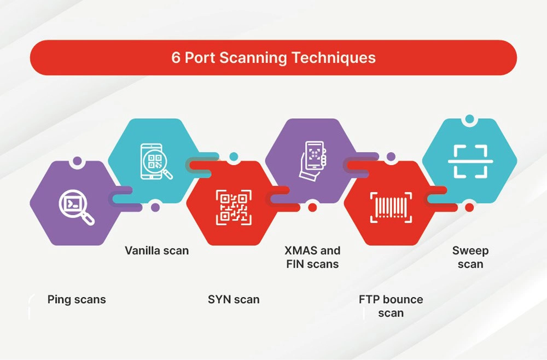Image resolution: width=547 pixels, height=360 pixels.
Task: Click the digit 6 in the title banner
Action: [x=176, y=57]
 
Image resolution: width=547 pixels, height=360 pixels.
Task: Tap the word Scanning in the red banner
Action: [x=253, y=58]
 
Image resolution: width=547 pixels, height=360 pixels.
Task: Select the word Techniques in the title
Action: [x=334, y=58]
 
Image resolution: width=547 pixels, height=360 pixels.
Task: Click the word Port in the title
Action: [x=200, y=57]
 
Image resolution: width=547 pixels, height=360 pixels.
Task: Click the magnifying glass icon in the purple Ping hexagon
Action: [x=77, y=207]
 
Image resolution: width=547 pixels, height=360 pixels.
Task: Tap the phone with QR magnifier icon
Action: [x=156, y=161]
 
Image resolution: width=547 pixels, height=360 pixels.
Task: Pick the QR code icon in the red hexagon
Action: [x=234, y=207]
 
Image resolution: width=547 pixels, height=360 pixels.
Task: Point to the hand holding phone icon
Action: [x=313, y=161]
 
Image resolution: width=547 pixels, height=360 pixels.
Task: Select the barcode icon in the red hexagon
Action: [x=391, y=207]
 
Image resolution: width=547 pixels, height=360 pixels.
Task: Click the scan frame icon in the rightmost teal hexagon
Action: [x=470, y=161]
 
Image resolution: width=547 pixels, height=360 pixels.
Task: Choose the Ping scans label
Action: [x=77, y=299]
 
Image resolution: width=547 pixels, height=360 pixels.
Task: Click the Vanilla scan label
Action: [x=156, y=251]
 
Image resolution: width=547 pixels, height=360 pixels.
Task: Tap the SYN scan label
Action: [x=234, y=299]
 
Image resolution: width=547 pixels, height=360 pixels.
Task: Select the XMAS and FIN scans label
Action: [x=312, y=257]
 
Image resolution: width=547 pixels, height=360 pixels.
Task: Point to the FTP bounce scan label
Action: [x=391, y=306]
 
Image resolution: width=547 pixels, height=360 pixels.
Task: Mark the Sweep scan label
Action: [x=470, y=257]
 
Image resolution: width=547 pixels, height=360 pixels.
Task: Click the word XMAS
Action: [x=301, y=251]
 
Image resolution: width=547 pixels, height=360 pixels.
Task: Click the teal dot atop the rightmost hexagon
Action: [x=470, y=119]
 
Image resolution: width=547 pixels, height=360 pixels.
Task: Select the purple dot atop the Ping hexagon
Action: [x=77, y=161]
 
